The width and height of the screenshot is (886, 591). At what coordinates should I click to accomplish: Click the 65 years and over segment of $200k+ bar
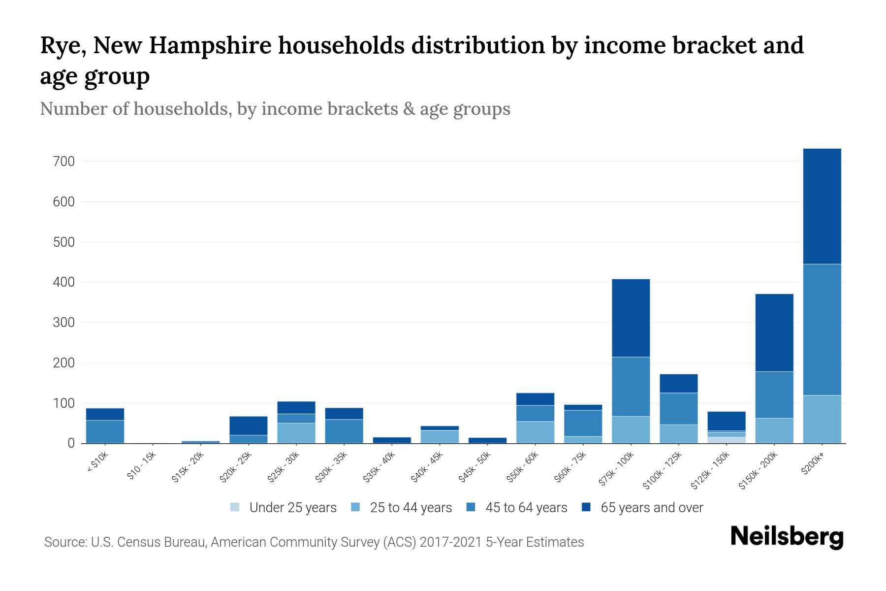[x=822, y=206]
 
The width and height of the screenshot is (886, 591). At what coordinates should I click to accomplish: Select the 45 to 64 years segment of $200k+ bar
[x=822, y=329]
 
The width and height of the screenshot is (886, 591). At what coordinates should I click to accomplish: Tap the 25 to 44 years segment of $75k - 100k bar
[x=631, y=429]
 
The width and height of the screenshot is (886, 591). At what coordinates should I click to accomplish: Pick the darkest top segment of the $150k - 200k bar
[x=774, y=332]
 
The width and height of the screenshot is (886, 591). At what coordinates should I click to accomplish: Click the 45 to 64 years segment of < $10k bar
[x=105, y=431]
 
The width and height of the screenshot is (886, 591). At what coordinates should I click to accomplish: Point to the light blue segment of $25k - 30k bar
[x=296, y=433]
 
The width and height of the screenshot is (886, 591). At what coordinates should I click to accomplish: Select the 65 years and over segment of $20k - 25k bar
[x=249, y=426]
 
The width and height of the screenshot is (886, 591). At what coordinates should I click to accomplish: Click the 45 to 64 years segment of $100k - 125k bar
[x=678, y=408]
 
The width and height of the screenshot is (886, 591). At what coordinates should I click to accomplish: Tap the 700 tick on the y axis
[x=64, y=162]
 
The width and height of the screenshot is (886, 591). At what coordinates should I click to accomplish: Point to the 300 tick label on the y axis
[x=64, y=323]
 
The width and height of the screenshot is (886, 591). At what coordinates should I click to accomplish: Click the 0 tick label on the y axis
[x=71, y=443]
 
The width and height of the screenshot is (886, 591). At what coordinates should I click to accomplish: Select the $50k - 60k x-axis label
[x=523, y=467]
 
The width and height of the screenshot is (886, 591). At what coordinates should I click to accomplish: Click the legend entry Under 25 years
[x=292, y=508]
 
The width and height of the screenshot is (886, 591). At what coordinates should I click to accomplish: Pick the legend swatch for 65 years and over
[x=586, y=507]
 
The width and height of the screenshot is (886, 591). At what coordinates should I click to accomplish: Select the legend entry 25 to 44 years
[x=411, y=508]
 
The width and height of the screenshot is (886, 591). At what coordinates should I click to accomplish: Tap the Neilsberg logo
[x=787, y=537]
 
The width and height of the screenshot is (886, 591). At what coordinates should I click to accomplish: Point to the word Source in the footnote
[x=64, y=542]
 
